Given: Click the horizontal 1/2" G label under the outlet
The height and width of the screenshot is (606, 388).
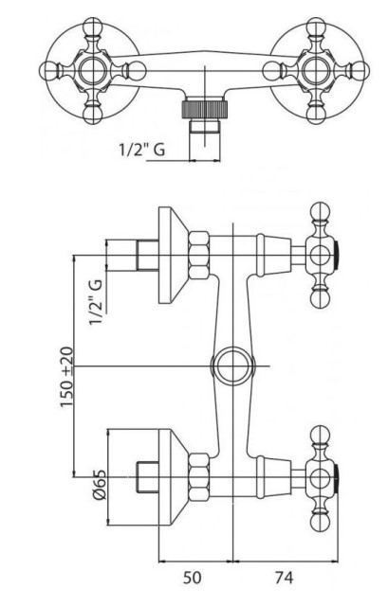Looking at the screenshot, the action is pyautogui.click(x=142, y=149).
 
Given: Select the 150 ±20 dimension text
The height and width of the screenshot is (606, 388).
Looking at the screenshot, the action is pyautogui.click(x=66, y=377).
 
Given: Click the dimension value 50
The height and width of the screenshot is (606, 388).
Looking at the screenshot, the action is pyautogui.click(x=192, y=578).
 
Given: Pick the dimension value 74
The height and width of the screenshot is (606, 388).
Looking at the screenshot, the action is pyautogui.click(x=285, y=578).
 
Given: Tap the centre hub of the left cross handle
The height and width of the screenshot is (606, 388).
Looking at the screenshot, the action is pyautogui.click(x=92, y=71).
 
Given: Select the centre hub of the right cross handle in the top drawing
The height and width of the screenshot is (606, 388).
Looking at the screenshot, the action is pyautogui.click(x=316, y=71).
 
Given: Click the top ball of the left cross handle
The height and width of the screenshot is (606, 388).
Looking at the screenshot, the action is pyautogui.click(x=92, y=27).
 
